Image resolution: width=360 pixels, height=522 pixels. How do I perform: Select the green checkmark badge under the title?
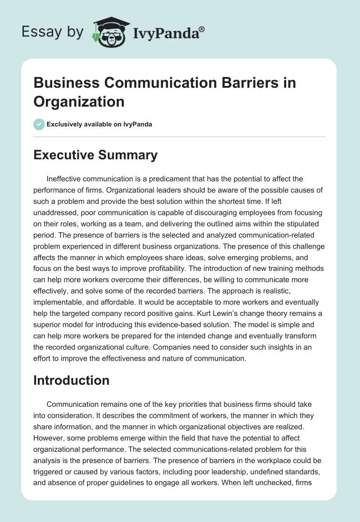pyautogui.click(x=39, y=124)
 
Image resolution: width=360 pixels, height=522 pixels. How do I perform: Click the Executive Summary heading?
pyautogui.click(x=95, y=155)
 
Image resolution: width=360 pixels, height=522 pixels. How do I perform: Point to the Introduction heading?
pyautogui.click(x=72, y=380)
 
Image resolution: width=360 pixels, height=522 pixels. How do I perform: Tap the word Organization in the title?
pyautogui.click(x=79, y=101)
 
